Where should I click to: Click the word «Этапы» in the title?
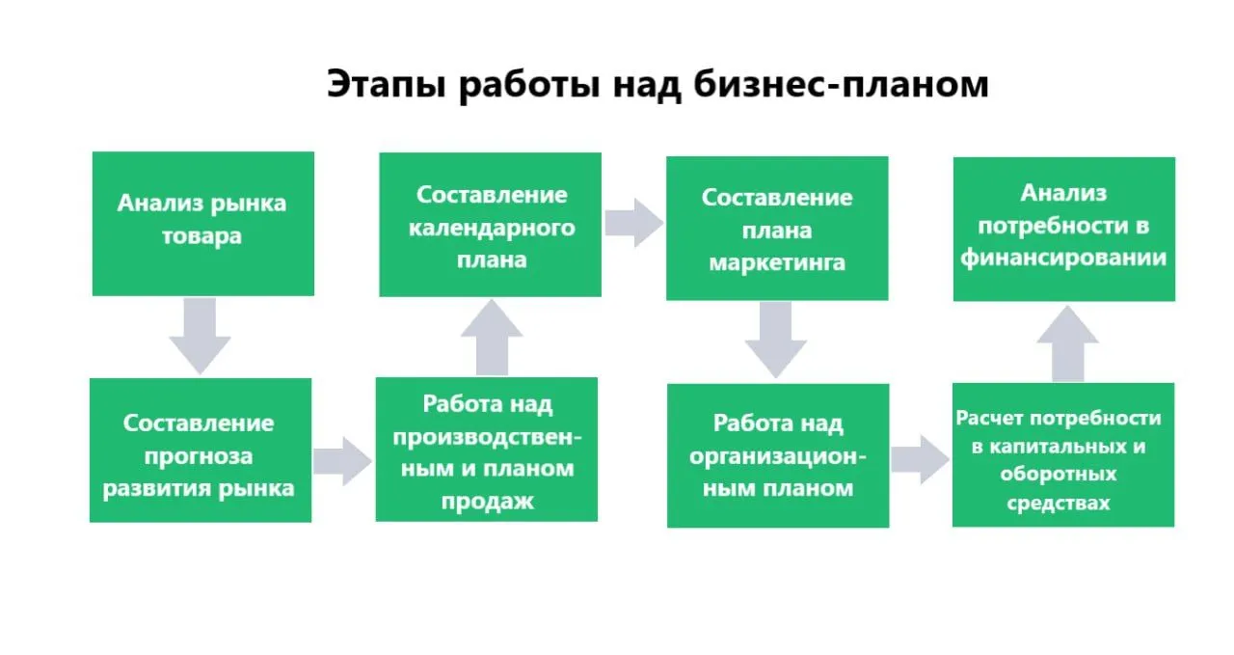[387, 84]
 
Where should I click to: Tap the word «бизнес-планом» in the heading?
[842, 84]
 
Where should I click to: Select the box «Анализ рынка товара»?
[203, 224]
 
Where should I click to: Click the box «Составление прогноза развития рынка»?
[201, 450]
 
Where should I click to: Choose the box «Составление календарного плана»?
[491, 225]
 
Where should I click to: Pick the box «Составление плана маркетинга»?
[777, 229]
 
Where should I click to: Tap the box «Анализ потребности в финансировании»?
[1064, 230]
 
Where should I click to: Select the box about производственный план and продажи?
[487, 450]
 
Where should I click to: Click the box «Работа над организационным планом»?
[778, 455]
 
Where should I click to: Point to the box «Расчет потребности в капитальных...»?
[1063, 455]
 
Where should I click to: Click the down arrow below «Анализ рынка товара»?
[200, 337]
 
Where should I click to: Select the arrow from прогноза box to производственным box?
[342, 461]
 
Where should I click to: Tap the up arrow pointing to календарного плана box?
[492, 338]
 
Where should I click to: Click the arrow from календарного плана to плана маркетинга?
[634, 223]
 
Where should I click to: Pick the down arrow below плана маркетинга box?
[776, 341]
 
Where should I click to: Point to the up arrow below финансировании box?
[1067, 343]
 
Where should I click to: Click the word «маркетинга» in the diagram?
[777, 262]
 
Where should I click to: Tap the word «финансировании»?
[1063, 258]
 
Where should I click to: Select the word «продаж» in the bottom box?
[488, 502]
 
